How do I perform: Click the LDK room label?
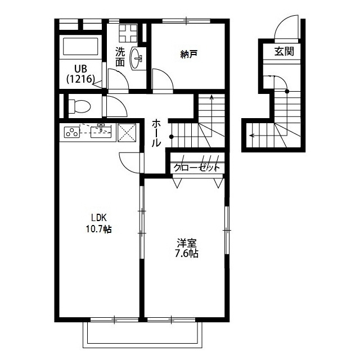tap(98, 217)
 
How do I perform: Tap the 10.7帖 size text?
tap(99, 229)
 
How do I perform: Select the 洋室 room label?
tap(187, 242)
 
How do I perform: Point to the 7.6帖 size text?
tap(187, 254)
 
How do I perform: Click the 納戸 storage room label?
tap(189, 54)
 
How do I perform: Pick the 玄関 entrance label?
tap(284, 51)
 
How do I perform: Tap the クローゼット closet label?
tap(196, 168)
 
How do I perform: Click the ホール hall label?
tap(156, 133)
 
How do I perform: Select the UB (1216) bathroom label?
tap(80, 74)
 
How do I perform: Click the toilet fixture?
tap(79, 106)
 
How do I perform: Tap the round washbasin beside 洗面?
tap(136, 58)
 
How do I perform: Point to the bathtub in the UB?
tap(80, 47)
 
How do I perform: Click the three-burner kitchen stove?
tap(72, 132)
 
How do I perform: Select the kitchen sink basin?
tap(101, 131)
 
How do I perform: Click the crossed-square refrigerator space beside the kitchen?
tap(127, 133)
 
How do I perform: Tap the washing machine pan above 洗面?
tap(128, 33)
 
